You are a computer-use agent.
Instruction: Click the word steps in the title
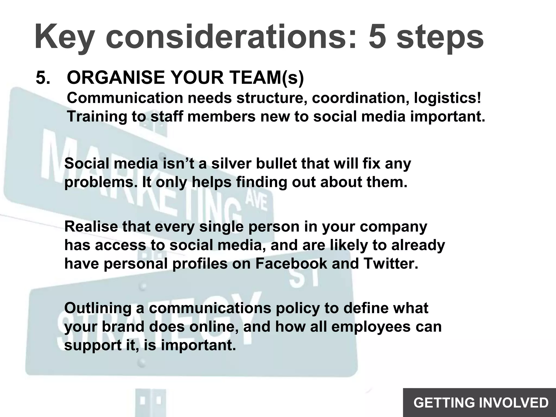[440, 37]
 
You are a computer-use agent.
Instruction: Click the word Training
[97, 117]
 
